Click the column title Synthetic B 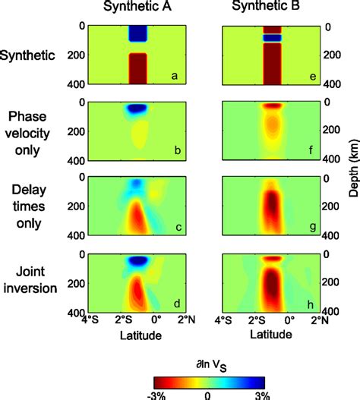(268, 9)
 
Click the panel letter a (174, 76)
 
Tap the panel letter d (174, 304)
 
